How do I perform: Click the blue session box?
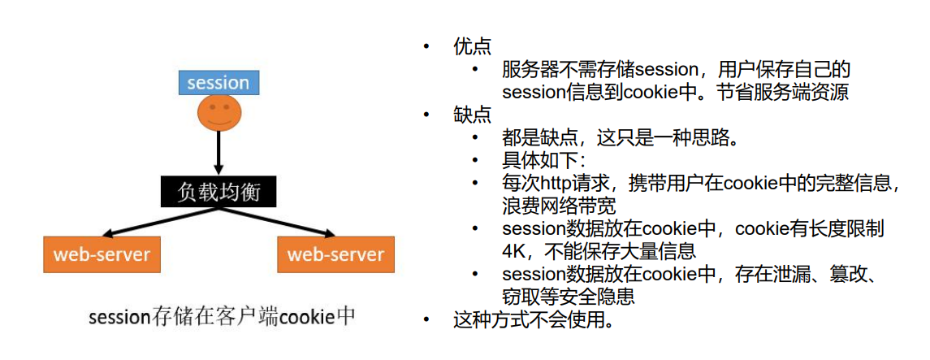click(218, 82)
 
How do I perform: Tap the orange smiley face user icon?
click(218, 113)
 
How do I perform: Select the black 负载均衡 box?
click(218, 192)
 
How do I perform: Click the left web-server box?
click(102, 254)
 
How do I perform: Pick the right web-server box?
click(335, 254)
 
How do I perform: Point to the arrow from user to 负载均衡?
click(218, 153)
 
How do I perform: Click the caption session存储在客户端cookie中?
click(222, 316)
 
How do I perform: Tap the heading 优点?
click(472, 47)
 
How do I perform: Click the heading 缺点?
click(472, 115)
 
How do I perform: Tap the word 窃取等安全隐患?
click(569, 297)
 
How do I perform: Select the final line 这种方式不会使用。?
click(533, 320)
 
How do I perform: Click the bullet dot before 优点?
click(426, 47)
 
